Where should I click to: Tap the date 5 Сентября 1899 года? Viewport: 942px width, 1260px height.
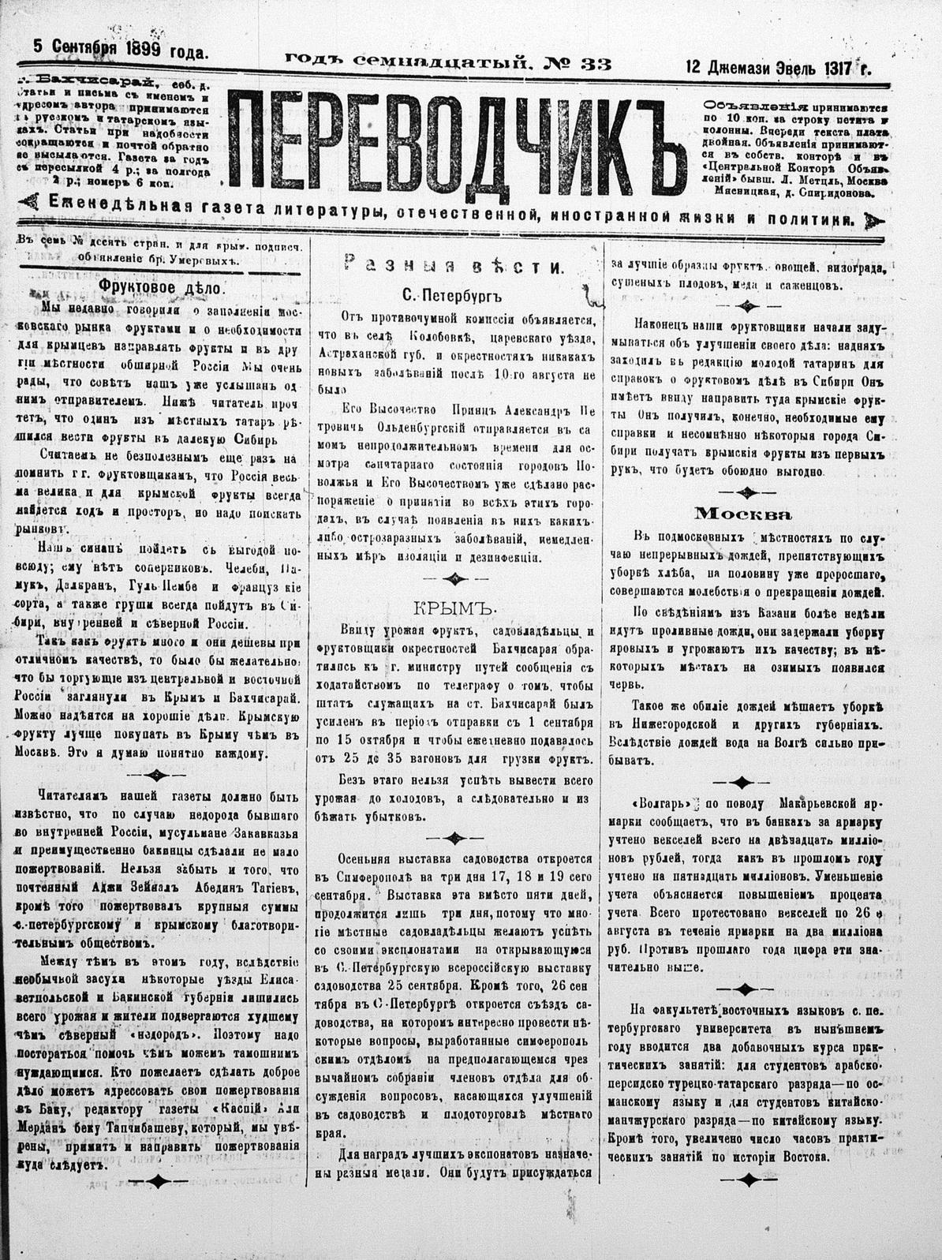tap(121, 50)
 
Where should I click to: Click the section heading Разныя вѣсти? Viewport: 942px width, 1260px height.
tap(454, 267)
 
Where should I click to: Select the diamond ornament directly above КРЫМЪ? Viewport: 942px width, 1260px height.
tap(454, 578)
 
